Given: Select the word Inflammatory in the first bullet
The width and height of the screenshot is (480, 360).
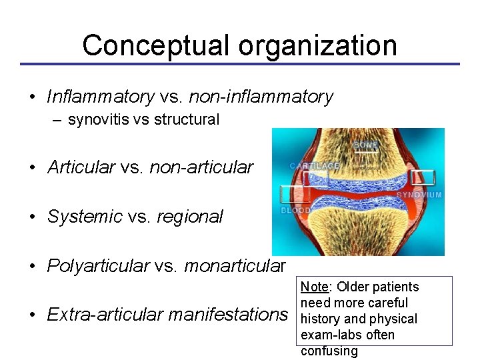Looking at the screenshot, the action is (x=100, y=97).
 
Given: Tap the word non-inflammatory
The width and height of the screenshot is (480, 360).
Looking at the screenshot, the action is (x=261, y=97).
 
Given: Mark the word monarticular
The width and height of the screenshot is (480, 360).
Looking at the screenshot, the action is (x=235, y=266).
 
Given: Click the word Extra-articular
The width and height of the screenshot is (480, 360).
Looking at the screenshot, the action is (x=98, y=313).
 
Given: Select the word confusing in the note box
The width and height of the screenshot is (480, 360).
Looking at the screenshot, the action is (x=329, y=351).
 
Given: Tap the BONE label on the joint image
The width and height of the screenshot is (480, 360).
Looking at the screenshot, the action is (x=365, y=144).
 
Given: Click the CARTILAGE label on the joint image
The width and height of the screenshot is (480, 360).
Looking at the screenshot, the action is (x=315, y=165).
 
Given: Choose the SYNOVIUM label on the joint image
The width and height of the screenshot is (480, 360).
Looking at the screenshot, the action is (x=419, y=195).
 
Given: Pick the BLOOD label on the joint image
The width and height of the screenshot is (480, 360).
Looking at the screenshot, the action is (x=295, y=210).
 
